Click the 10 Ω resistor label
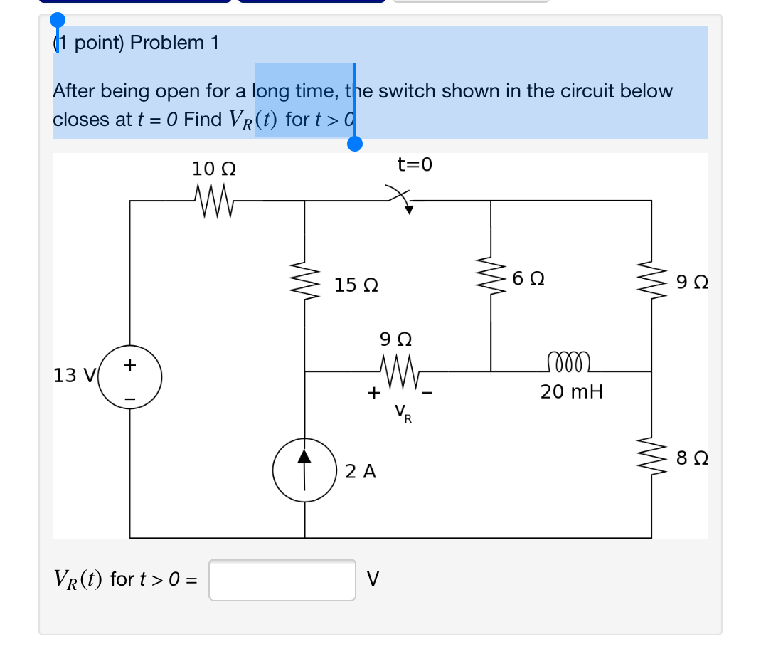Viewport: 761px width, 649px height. [214, 169]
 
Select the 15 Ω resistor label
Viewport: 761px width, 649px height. [356, 286]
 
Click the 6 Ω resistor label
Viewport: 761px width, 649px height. [528, 278]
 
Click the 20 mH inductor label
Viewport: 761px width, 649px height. [571, 391]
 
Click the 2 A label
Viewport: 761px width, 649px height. [361, 471]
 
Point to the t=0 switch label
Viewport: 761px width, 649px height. [415, 165]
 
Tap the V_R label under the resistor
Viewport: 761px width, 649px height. [402, 413]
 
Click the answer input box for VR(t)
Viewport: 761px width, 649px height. [282, 579]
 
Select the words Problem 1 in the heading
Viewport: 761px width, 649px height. [174, 43]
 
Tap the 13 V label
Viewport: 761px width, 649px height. [70, 375]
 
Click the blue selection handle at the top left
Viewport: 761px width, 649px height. [58, 20]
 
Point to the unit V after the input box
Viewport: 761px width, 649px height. [372, 579]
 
